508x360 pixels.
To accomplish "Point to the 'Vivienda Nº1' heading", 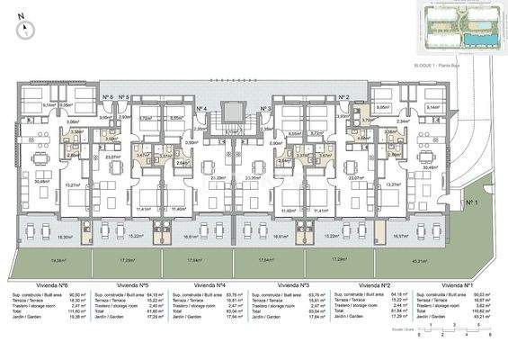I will (458, 282).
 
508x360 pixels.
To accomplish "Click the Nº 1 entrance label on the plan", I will (472, 203).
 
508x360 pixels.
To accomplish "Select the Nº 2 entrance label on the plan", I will (343, 97).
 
